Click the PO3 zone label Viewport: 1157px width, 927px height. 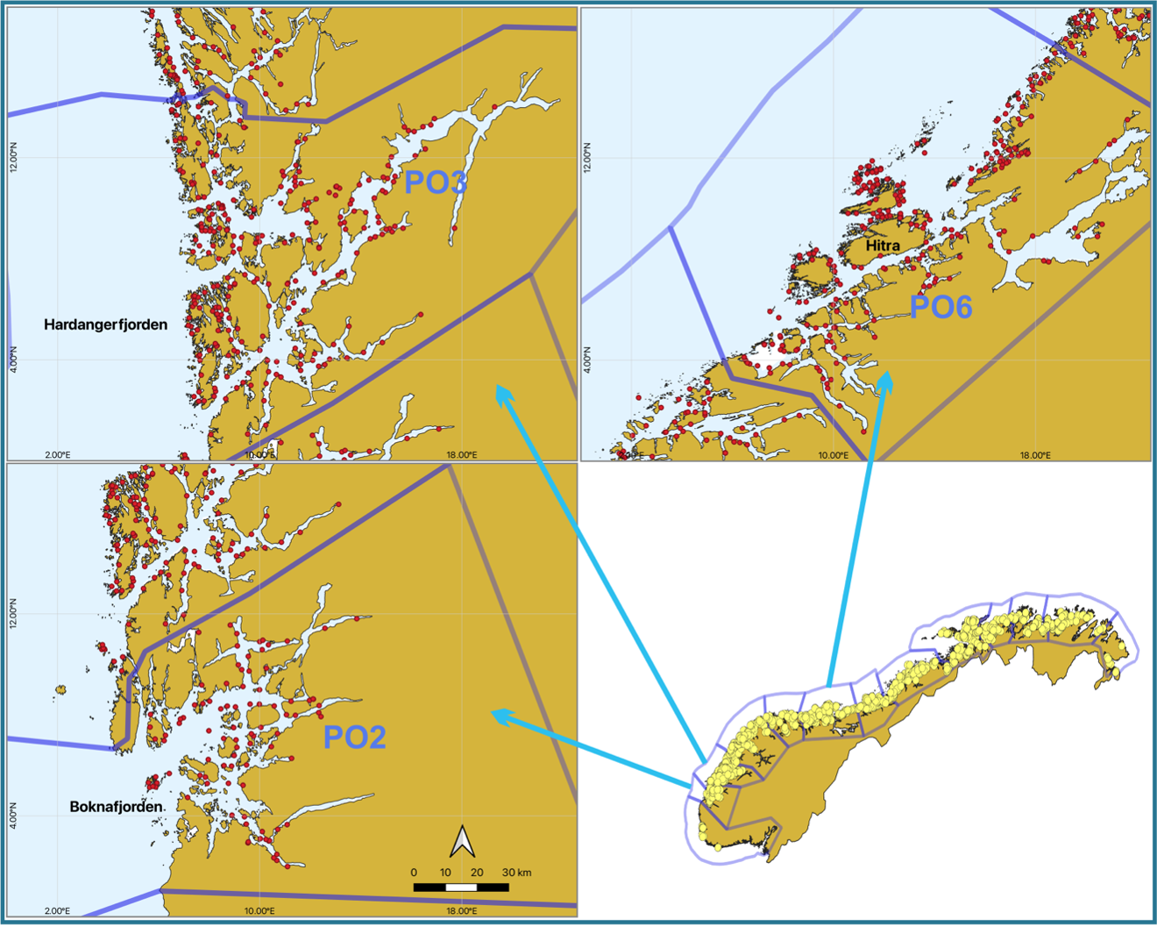(x=435, y=182)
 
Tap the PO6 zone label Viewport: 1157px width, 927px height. (x=941, y=307)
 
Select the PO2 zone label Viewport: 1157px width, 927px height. (x=354, y=737)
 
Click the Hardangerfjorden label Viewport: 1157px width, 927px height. (x=105, y=324)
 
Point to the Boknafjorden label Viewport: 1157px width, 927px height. (x=117, y=807)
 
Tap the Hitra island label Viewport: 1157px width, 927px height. (x=883, y=246)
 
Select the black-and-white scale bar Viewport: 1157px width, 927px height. (x=461, y=888)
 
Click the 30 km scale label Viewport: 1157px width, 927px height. (x=517, y=873)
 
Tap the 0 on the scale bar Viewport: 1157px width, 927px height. (x=414, y=873)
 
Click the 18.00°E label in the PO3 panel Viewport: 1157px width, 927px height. (x=462, y=454)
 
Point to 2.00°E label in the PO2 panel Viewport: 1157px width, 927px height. (x=57, y=911)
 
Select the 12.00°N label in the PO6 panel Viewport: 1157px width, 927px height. (x=587, y=158)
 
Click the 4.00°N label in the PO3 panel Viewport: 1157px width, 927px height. (x=13, y=360)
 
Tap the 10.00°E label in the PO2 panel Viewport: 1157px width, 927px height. (x=259, y=911)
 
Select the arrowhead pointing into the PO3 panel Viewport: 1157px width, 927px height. (x=502, y=392)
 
